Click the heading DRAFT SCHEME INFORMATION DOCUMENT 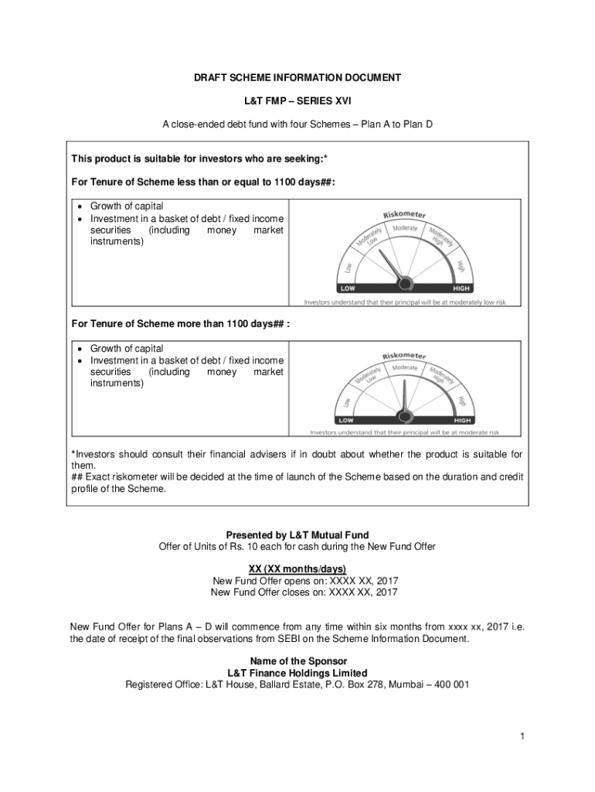(x=297, y=78)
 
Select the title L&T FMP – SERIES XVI (x=297, y=101)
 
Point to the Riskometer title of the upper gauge (x=405, y=214)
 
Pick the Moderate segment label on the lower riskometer (x=405, y=368)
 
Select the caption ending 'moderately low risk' (x=405, y=302)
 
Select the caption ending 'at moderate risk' (x=405, y=432)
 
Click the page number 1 (x=522, y=737)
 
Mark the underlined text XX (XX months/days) (x=297, y=569)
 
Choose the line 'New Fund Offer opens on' (x=297, y=581)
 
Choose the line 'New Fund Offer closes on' (x=297, y=592)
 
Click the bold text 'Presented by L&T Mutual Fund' (x=297, y=535)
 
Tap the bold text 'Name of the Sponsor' (x=297, y=661)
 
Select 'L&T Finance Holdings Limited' (x=297, y=673)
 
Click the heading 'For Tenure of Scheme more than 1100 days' (x=181, y=323)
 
